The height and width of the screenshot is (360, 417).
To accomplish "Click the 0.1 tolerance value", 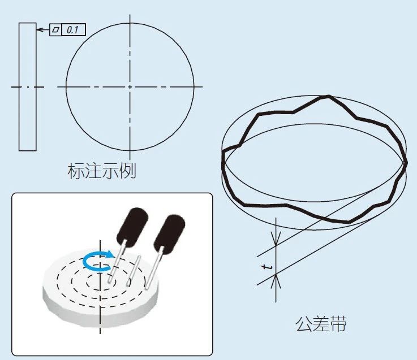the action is click(x=72, y=30).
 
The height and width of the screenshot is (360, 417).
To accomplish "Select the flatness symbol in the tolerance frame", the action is click(x=55, y=29).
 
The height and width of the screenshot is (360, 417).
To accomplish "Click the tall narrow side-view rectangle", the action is click(x=27, y=87).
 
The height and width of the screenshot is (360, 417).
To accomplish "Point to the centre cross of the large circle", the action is click(x=130, y=86).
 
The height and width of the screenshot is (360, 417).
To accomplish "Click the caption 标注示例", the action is click(x=102, y=171).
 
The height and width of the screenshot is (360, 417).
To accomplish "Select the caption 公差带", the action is click(x=321, y=324).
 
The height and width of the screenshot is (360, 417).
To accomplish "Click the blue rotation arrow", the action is click(x=98, y=261).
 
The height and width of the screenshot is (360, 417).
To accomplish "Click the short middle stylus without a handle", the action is click(x=133, y=271).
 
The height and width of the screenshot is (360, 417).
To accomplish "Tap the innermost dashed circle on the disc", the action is click(x=101, y=282).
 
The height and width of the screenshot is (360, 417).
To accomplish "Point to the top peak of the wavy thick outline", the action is click(x=329, y=96).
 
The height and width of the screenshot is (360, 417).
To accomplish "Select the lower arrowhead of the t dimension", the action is click(x=276, y=281).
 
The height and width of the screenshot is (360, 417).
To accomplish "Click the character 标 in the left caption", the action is click(x=76, y=171).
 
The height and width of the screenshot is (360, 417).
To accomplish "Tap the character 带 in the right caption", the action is click(x=338, y=324).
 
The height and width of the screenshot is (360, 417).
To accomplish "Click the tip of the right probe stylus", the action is click(x=147, y=287).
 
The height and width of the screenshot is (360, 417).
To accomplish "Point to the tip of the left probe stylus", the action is click(x=110, y=280).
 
